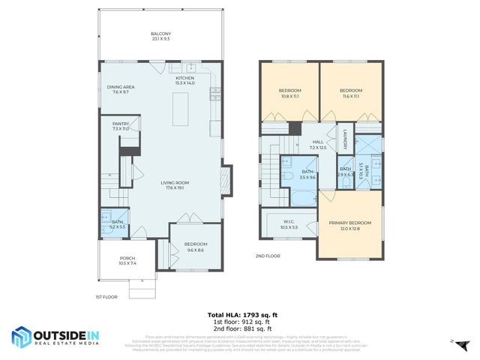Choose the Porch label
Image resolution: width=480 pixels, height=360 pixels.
click(x=127, y=261)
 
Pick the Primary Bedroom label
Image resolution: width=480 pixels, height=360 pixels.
click(x=349, y=225)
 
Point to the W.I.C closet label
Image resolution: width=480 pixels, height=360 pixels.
click(x=289, y=223)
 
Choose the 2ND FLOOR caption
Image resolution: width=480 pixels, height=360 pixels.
click(x=268, y=256)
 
